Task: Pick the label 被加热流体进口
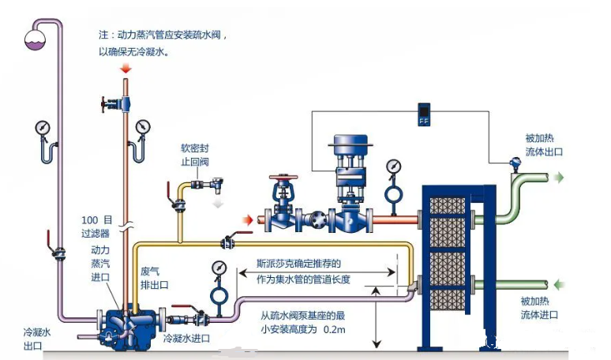coord(539,308)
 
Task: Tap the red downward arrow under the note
coord(126,71)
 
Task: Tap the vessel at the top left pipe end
coord(35,36)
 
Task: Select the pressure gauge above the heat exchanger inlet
coord(392,167)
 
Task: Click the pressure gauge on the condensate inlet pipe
coord(218,269)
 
